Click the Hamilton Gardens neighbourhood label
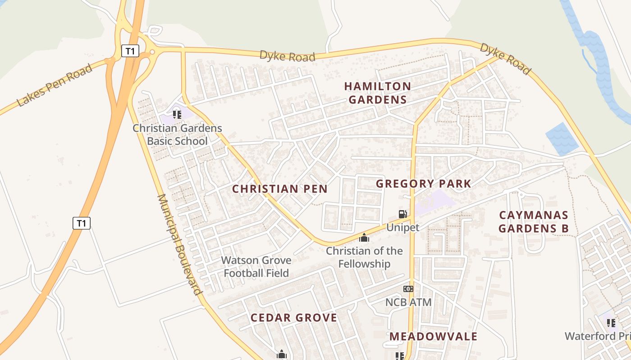(378, 93)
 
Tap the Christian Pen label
(279, 189)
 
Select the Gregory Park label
(423, 184)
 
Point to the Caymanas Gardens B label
(534, 221)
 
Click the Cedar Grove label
(294, 318)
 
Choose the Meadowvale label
(433, 337)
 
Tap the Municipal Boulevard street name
(179, 244)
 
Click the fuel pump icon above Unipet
(402, 215)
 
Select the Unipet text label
(402, 227)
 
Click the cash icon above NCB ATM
(408, 289)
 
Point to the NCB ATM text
(408, 302)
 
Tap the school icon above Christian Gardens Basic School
(177, 115)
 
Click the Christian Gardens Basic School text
(177, 135)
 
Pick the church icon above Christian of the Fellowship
(364, 238)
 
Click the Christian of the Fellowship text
(364, 257)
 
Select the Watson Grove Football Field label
(256, 266)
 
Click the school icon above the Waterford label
(611, 323)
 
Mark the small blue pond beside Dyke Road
(562, 139)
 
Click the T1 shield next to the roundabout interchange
(130, 51)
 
